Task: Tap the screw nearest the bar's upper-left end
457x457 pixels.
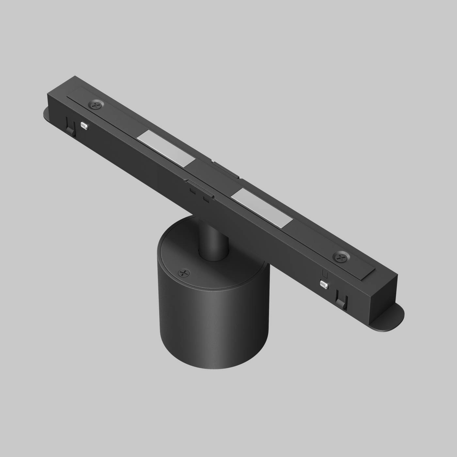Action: click(x=96, y=105)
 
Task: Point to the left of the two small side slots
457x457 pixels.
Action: click(x=192, y=191)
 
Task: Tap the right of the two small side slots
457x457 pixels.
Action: click(x=206, y=199)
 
